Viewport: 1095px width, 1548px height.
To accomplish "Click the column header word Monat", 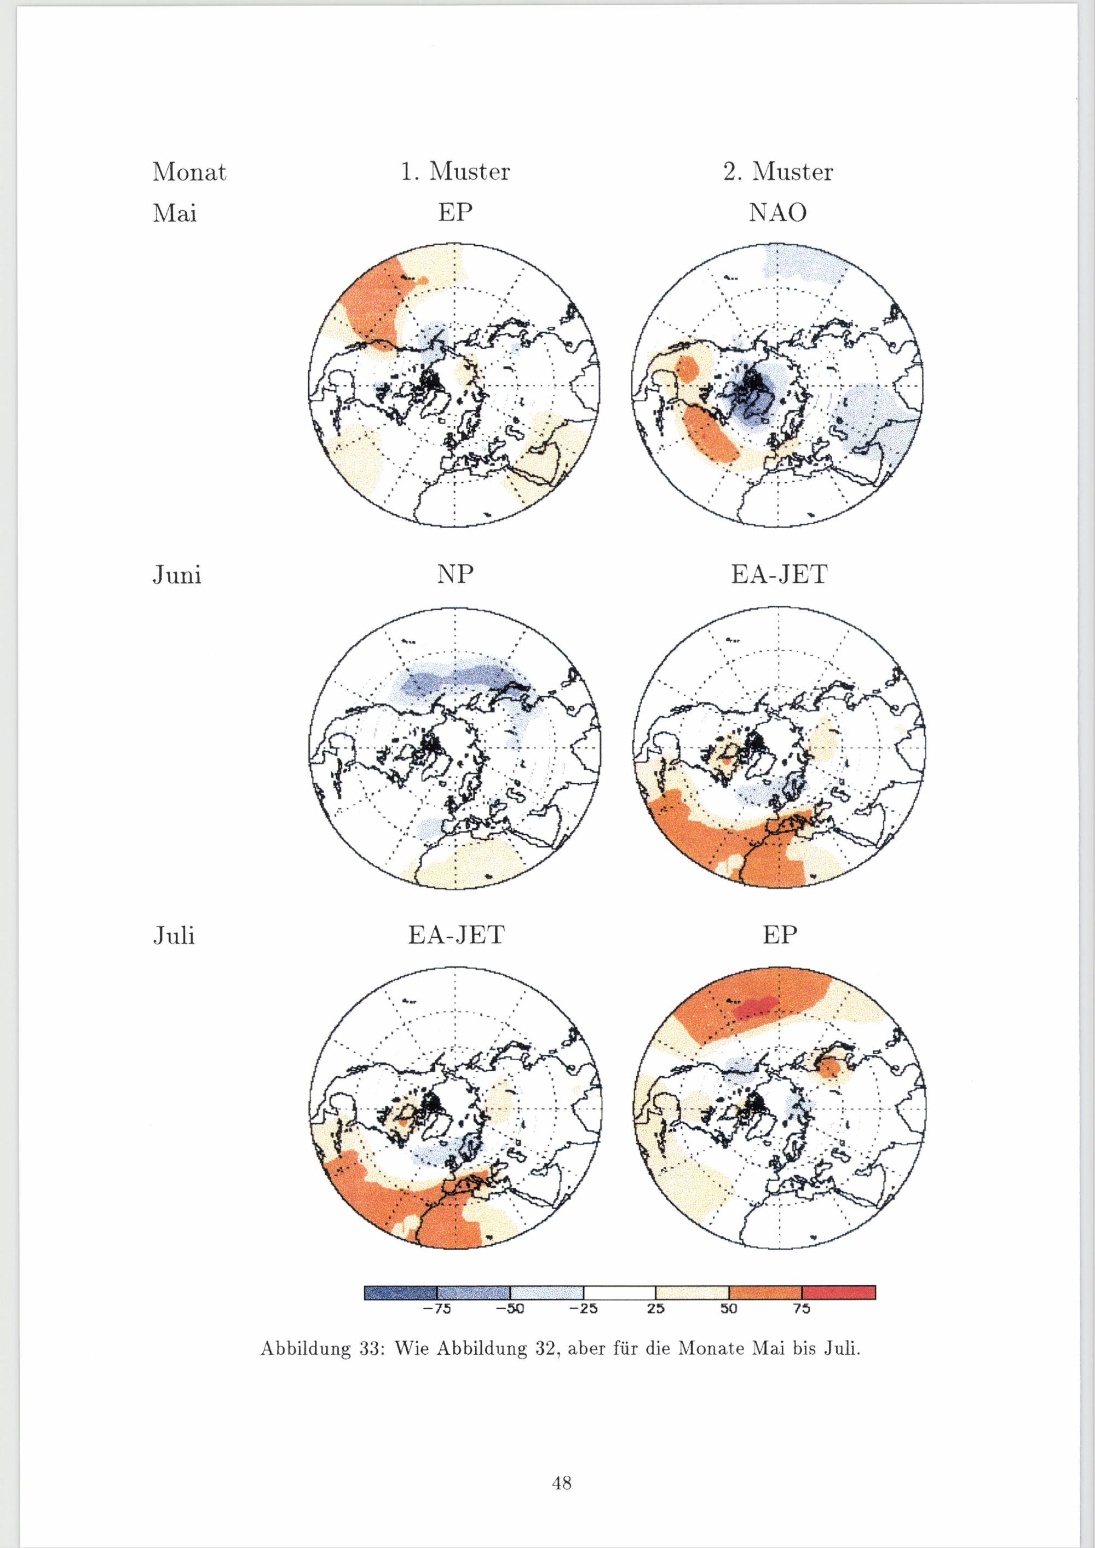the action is tap(189, 172).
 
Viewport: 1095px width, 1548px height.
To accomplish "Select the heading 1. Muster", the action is tap(455, 172).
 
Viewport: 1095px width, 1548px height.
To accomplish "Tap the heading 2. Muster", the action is tap(777, 172).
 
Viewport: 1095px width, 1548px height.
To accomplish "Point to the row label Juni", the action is tap(177, 576).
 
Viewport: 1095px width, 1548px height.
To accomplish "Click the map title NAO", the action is tap(777, 213).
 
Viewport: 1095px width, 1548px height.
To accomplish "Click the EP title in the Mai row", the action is tap(455, 213).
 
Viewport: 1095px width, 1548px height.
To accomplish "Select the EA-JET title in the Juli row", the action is tap(456, 935).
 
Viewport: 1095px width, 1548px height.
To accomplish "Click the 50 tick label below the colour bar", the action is tap(729, 1309).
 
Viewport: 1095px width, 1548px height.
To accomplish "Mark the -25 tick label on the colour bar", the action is tap(583, 1309).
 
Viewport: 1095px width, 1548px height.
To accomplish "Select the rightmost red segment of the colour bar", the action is tap(839, 1292).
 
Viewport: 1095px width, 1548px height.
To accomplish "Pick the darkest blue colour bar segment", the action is tap(401, 1292).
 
